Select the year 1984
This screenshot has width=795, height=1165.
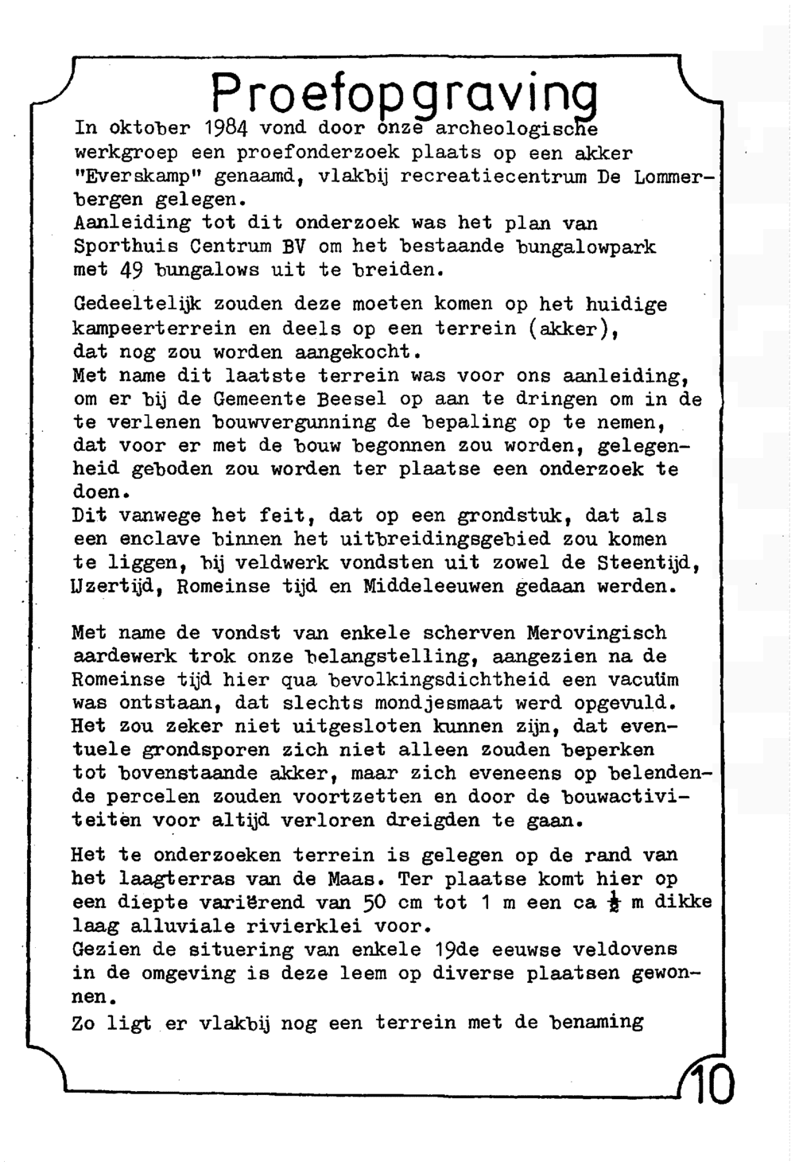point(227,128)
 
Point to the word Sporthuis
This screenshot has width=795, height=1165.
point(118,247)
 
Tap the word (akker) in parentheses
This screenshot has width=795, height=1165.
point(573,328)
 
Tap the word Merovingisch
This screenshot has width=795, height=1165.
point(597,634)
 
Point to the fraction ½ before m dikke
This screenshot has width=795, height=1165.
point(612,904)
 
